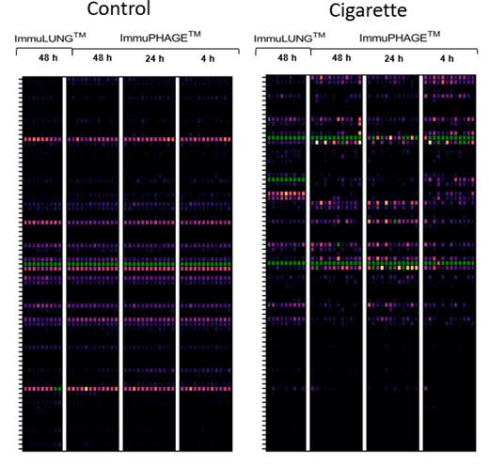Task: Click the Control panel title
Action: point(118,8)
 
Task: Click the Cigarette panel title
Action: point(368,10)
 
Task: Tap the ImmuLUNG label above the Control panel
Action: point(50,38)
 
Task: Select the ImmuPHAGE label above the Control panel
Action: point(160,37)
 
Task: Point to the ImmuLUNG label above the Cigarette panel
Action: point(290,38)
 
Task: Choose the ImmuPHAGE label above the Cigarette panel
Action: point(400,37)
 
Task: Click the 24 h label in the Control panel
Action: point(154,58)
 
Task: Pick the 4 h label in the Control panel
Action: point(208,58)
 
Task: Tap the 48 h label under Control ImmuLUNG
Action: point(48,58)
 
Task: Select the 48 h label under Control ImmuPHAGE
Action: point(103,58)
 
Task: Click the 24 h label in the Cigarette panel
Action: point(394,58)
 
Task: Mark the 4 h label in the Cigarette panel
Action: point(447,58)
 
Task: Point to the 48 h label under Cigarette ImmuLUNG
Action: point(287,58)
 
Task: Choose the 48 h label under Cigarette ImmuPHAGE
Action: point(341,58)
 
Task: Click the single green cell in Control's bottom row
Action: point(57,389)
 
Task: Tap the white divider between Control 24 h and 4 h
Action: point(178,264)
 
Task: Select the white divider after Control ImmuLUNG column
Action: point(64,264)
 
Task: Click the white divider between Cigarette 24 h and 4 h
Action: point(421,263)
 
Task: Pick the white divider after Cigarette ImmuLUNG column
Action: point(308,263)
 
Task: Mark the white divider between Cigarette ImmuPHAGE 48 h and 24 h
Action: point(364,263)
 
